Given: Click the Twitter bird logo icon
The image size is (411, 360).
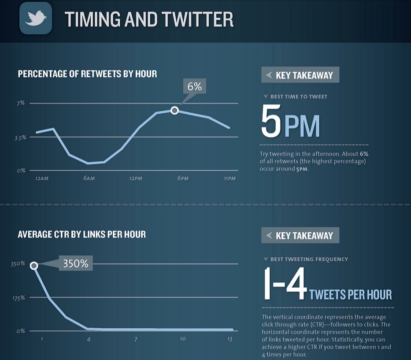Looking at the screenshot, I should [36, 18].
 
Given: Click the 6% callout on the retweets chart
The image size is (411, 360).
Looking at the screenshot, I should [194, 86].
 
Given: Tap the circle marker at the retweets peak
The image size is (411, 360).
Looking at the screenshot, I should [174, 110].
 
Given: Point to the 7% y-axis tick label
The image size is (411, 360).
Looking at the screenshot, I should [21, 103].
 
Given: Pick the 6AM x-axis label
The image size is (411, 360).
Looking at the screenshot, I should [89, 178].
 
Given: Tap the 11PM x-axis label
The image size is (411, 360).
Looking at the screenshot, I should [230, 178].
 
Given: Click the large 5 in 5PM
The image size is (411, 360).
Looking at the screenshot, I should [270, 121].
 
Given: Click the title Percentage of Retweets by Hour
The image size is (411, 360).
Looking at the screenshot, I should [87, 74].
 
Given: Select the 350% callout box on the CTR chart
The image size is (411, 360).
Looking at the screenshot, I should [75, 264].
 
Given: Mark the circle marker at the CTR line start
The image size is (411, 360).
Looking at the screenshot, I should [34, 265].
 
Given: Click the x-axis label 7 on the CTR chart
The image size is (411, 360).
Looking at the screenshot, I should [136, 339].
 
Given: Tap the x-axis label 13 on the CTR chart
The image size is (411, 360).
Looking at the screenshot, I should [230, 339].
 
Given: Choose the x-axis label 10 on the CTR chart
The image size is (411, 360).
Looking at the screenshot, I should [182, 339].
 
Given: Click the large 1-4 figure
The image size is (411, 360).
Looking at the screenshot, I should [284, 284].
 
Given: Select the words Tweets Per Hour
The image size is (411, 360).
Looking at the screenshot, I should [351, 294].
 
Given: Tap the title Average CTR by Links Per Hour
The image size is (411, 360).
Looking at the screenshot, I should [81, 234].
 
